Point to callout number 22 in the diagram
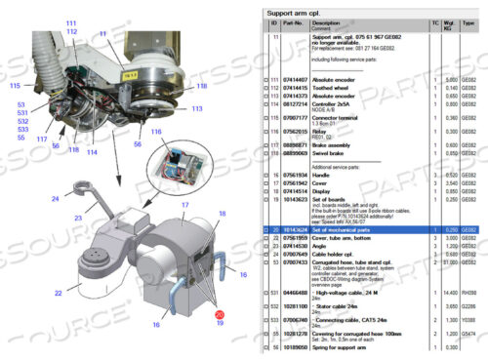coord(59,292)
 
